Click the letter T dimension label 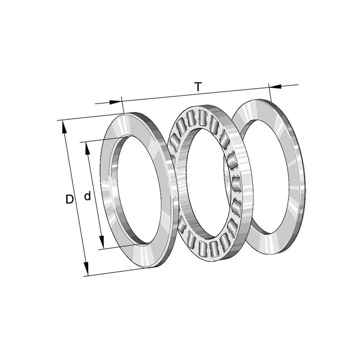pos(198,87)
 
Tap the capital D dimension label pos(70,199)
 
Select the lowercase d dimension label pos(87,196)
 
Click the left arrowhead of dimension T pos(115,102)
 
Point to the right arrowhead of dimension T pos(275,86)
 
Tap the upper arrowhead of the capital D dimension pos(64,127)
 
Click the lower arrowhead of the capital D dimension pos(86,269)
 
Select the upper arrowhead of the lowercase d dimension pos(87,148)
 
